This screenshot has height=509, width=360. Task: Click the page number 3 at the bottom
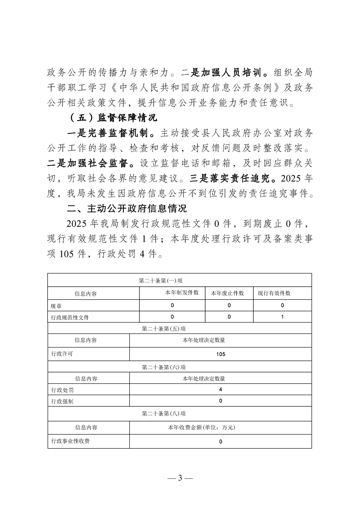pyautogui.click(x=180, y=478)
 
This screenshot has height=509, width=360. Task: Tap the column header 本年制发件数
pyautogui.click(x=182, y=293)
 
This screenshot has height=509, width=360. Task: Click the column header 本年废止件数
pyautogui.click(x=227, y=294)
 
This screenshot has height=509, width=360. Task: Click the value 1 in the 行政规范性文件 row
pyautogui.click(x=282, y=317)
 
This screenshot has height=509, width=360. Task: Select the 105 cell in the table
pyautogui.click(x=221, y=354)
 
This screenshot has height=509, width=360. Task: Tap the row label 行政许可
pyautogui.click(x=61, y=354)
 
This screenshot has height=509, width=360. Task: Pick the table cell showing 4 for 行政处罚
pyautogui.click(x=220, y=389)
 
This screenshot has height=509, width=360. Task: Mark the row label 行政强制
pyautogui.click(x=61, y=401)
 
